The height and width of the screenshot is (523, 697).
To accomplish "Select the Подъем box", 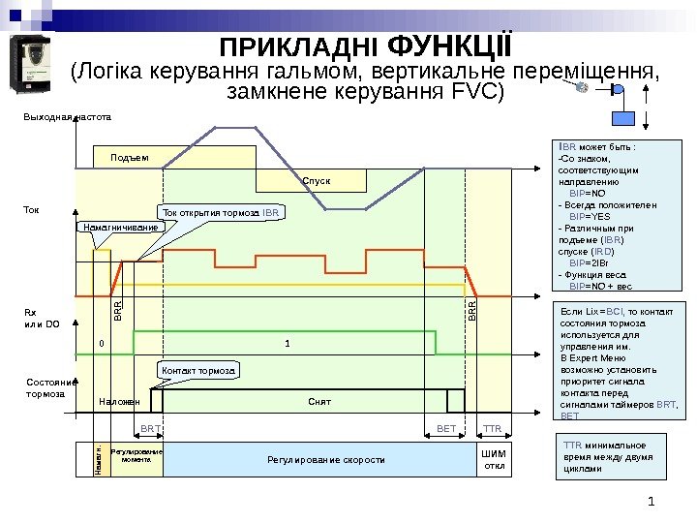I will (123, 158).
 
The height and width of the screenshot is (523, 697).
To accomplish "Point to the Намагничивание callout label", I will (117, 227).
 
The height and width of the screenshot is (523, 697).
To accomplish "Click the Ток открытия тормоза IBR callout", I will (220, 210).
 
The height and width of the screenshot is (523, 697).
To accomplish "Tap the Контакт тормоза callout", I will (197, 371).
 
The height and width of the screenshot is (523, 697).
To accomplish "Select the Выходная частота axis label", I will (68, 116).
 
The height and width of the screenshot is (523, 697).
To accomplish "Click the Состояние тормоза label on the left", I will (45, 388).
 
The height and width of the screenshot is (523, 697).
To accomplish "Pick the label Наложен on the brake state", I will (120, 401).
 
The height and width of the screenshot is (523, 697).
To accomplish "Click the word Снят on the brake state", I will (319, 401).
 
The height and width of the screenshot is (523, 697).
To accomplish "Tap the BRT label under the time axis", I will (150, 427).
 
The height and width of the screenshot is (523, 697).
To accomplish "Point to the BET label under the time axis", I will (446, 427).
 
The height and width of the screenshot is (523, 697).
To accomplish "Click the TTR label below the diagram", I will (492, 427).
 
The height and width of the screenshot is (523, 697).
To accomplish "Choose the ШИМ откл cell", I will (493, 459).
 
